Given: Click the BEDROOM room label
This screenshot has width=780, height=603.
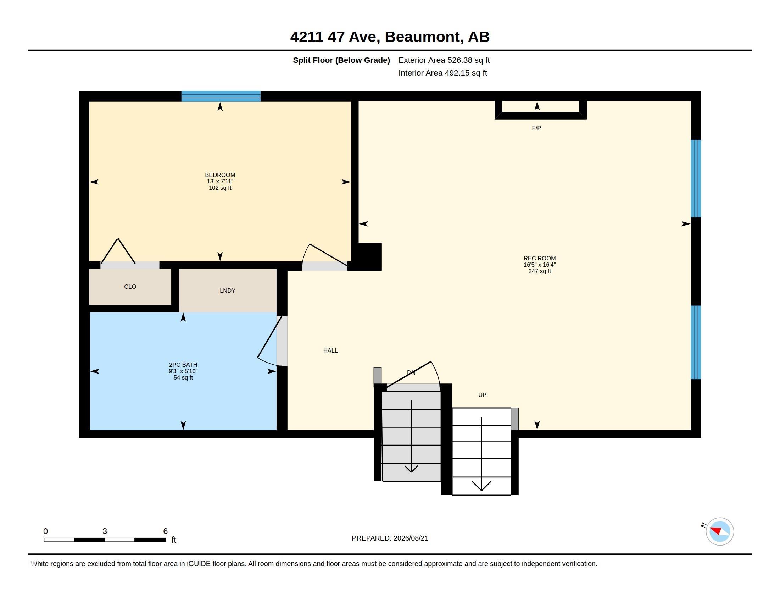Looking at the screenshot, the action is [220, 175].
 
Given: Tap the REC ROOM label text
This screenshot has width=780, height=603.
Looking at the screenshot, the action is [539, 258].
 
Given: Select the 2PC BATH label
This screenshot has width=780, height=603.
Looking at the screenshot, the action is [183, 365].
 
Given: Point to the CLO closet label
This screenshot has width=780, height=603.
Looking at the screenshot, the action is [130, 287].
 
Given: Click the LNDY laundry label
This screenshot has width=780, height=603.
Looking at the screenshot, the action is [228, 291].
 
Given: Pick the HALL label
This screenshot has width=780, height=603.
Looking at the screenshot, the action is [330, 351].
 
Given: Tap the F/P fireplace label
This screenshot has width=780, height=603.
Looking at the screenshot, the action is [536, 128].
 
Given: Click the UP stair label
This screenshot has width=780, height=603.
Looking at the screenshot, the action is [482, 395].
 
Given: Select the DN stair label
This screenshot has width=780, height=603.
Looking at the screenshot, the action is [411, 372].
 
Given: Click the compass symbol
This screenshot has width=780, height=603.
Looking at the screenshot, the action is [720, 531].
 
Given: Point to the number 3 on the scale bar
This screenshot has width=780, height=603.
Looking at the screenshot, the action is [105, 531].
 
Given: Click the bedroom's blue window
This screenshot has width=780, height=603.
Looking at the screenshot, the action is [221, 96].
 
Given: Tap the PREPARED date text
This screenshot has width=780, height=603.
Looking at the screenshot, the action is [390, 538].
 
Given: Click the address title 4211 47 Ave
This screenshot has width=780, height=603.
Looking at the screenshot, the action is [390, 37].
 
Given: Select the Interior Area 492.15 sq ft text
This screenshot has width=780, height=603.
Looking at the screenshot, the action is [442, 73].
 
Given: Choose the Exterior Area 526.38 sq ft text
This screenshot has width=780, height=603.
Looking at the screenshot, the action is [444, 60].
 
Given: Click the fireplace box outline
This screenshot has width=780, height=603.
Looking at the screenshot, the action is [540, 115].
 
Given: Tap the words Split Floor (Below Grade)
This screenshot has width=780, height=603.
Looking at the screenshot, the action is [341, 60].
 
